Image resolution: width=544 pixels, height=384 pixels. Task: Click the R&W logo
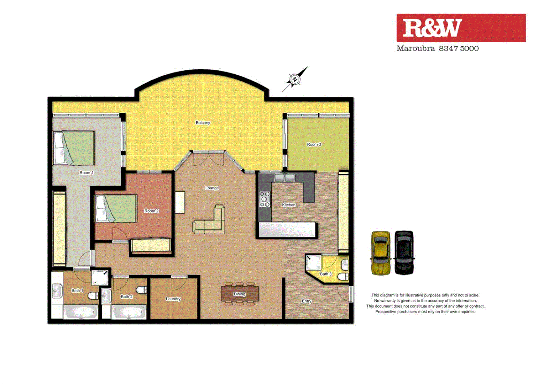pos(461,28)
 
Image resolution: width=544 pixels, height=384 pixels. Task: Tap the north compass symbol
pos(295,79)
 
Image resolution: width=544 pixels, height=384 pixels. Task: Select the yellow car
pos(381,253)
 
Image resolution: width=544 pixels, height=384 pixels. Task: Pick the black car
pos(404,253)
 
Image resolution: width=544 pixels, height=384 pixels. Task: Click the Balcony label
pos(203,123)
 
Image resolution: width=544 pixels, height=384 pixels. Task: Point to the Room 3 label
pos(314,144)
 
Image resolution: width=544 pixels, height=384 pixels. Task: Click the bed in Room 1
pos(74,148)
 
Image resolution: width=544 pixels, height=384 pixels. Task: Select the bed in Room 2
pos(116,208)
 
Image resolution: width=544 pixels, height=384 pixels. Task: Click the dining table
pos(239,294)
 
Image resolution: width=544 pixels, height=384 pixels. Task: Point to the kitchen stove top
pos(265,199)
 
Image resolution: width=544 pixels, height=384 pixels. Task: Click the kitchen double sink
pos(284,177)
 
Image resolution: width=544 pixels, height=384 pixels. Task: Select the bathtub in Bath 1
pos(81,312)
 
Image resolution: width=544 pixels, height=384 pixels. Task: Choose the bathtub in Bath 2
pos(129,312)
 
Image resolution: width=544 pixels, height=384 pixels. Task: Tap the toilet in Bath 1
pos(93,295)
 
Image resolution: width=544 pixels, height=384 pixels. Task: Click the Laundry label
pos(173,299)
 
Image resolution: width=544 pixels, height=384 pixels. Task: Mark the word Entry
pos(307,301)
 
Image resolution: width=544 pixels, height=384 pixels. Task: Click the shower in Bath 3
pos(313,263)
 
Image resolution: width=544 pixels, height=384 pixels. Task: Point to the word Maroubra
pos(415,48)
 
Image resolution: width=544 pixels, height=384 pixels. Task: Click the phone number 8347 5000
pos(459,48)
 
